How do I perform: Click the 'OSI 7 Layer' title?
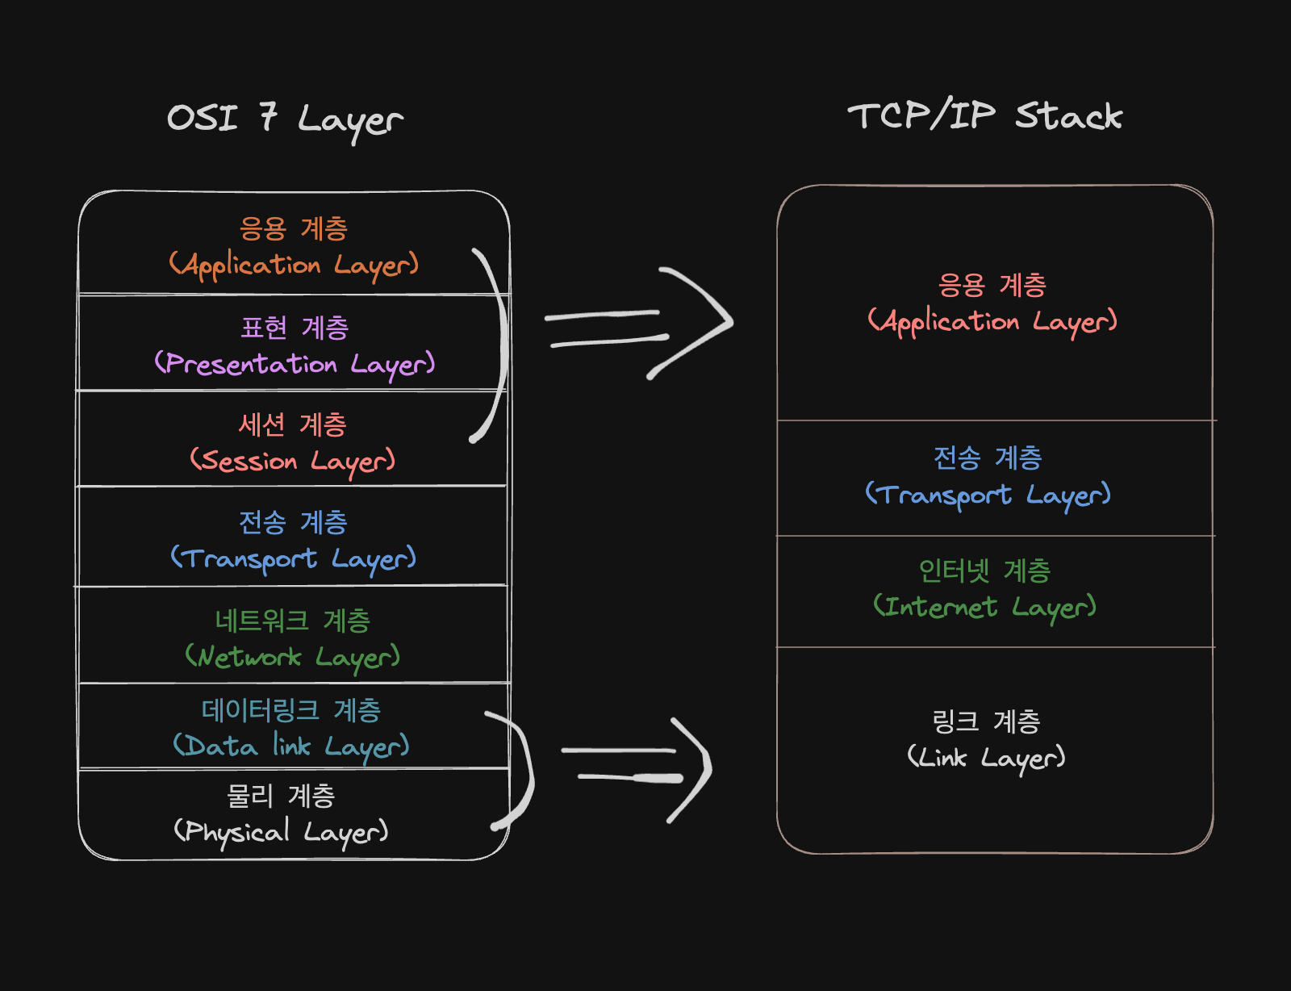click(284, 119)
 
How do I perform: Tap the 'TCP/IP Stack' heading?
click(984, 116)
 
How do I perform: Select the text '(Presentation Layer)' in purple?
click(295, 364)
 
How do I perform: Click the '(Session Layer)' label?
click(293, 461)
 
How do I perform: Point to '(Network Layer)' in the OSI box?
click(292, 657)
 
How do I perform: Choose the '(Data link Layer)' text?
click(291, 746)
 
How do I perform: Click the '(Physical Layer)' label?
click(281, 831)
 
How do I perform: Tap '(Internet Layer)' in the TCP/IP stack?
click(984, 607)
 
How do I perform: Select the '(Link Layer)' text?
click(986, 757)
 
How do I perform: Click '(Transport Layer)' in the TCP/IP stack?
click(988, 495)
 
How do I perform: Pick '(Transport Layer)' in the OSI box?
click(293, 558)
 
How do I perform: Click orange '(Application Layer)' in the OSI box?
click(294, 265)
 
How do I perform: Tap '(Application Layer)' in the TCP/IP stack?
click(992, 321)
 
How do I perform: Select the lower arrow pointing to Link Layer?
click(637, 767)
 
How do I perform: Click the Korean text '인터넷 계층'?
click(984, 571)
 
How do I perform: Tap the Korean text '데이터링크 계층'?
click(291, 710)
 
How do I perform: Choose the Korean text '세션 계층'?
click(292, 424)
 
